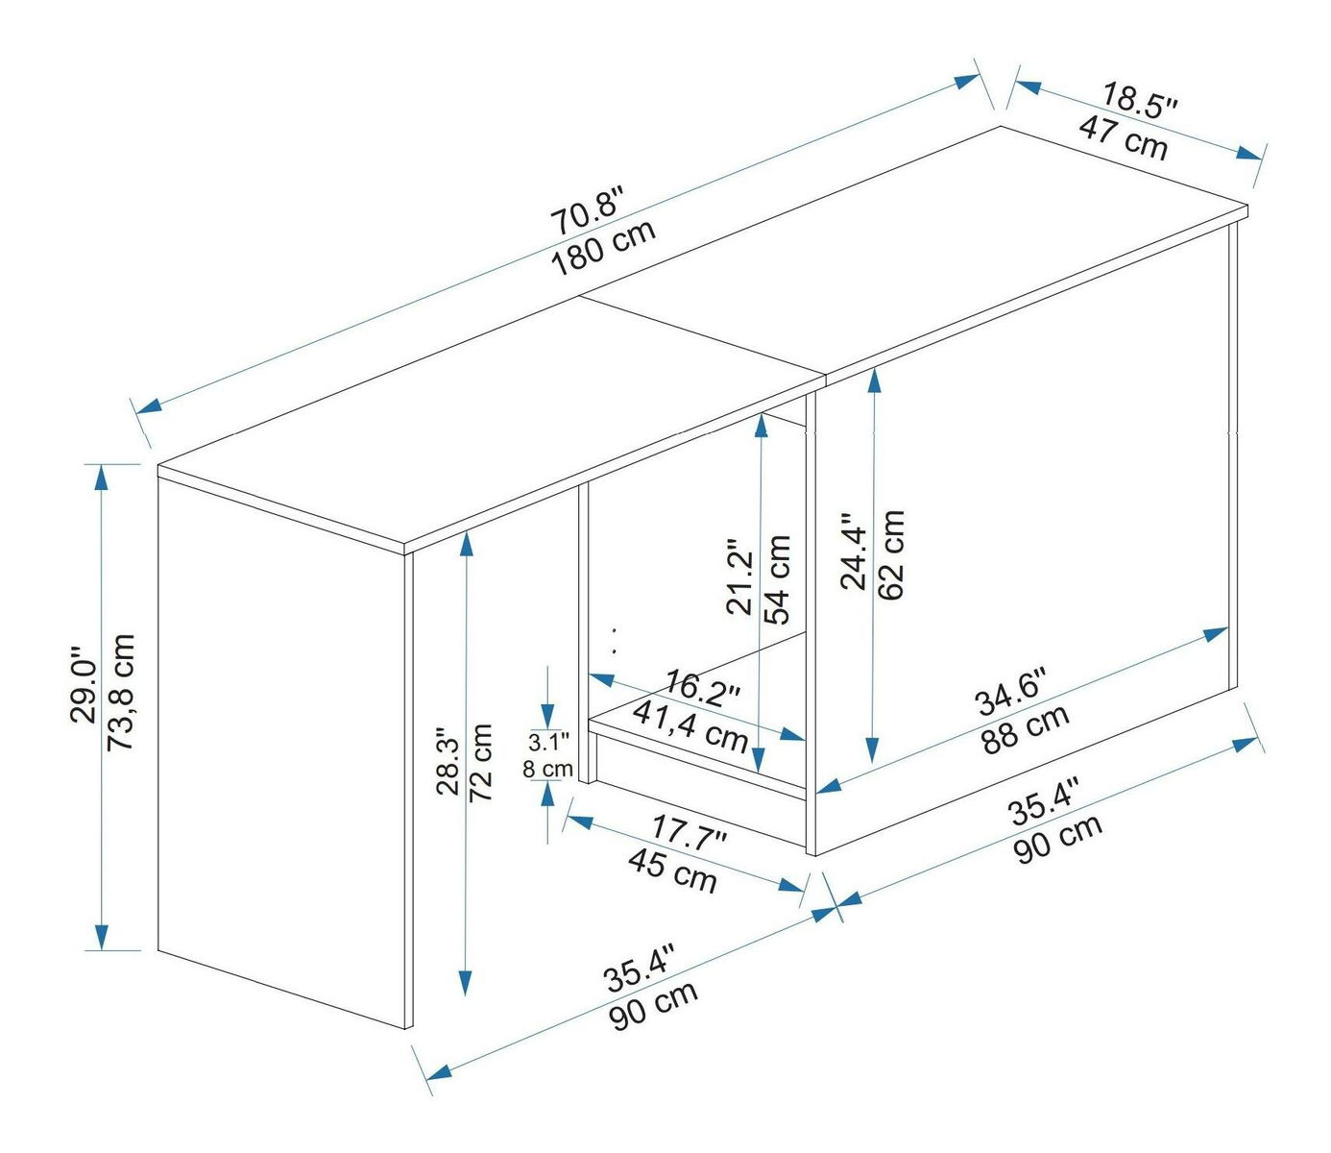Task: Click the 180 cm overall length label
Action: coord(604,247)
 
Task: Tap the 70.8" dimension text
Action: coord(588,210)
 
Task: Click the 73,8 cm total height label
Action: coord(121,692)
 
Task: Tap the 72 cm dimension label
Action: coord(480,763)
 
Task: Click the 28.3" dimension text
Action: coord(448,762)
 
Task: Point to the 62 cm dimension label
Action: coord(891,554)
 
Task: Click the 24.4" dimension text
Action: coord(855,552)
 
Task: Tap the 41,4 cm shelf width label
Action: coord(690,726)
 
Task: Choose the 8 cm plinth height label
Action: coord(547,769)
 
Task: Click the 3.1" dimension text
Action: coord(549,743)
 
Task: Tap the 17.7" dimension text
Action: coord(689,835)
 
